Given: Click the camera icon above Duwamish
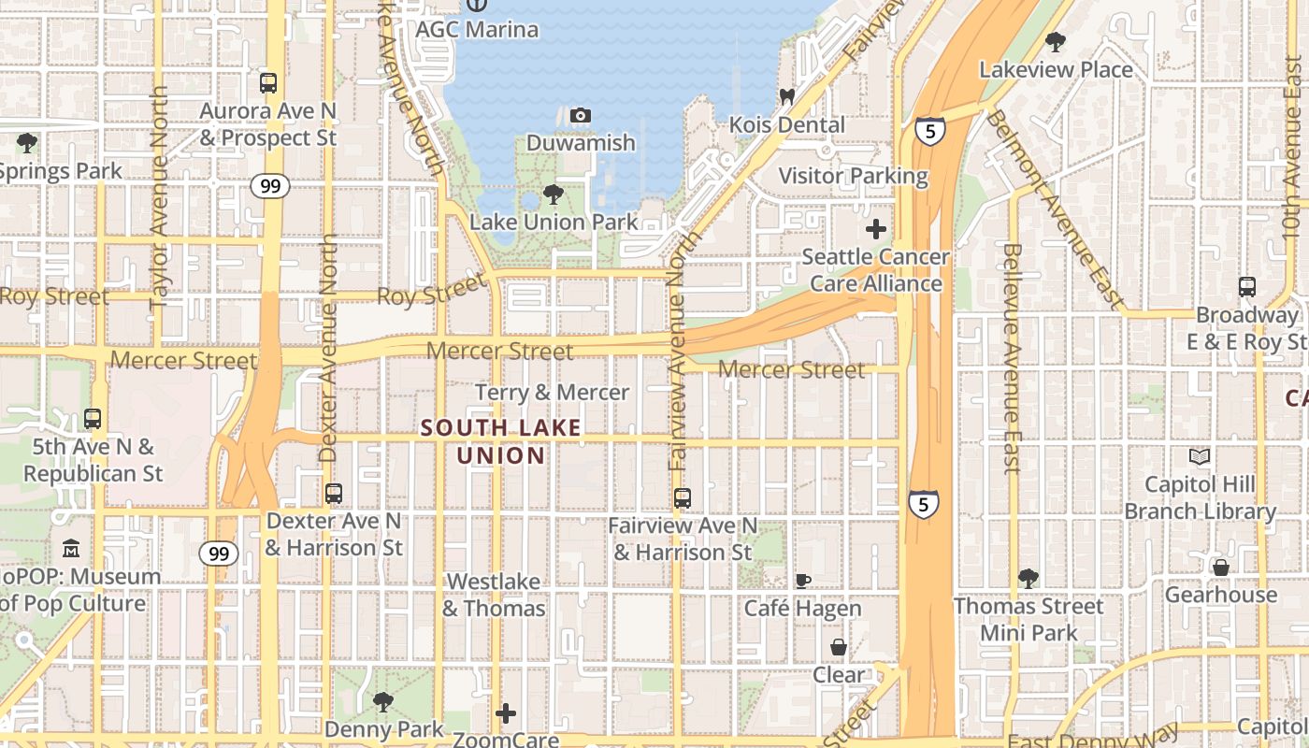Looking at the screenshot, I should pyautogui.click(x=581, y=116).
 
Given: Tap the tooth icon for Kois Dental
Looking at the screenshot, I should pyautogui.click(x=786, y=96).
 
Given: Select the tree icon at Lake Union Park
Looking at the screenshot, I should pyautogui.click(x=554, y=194).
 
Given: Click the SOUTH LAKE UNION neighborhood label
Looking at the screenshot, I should pyautogui.click(x=500, y=442).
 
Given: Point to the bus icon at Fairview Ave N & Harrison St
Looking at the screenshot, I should pyautogui.click(x=683, y=498).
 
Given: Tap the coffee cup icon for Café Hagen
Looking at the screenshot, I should pyautogui.click(x=802, y=581).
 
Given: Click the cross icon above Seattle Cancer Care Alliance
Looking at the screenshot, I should pyautogui.click(x=876, y=229).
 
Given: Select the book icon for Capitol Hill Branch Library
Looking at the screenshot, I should pyautogui.click(x=1200, y=457).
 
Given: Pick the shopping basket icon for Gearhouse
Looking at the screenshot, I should pyautogui.click(x=1220, y=568).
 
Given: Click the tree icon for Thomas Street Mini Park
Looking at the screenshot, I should pyautogui.click(x=1028, y=579).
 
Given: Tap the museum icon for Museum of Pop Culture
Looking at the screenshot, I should pyautogui.click(x=71, y=549).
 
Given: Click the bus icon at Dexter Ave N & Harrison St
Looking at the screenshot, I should pyautogui.click(x=334, y=494).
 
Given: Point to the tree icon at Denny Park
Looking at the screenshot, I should pyautogui.click(x=383, y=701).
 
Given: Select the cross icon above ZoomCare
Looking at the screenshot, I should pyautogui.click(x=506, y=714).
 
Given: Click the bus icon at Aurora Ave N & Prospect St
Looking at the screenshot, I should pyautogui.click(x=268, y=83).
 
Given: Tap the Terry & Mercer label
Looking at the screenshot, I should pyautogui.click(x=552, y=393).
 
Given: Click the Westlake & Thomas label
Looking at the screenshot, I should pyautogui.click(x=494, y=595).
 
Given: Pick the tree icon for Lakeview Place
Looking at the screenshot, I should pyautogui.click(x=1056, y=42).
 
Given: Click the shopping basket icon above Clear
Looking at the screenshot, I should pyautogui.click(x=839, y=647).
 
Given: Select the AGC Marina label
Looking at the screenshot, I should pyautogui.click(x=477, y=29).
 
